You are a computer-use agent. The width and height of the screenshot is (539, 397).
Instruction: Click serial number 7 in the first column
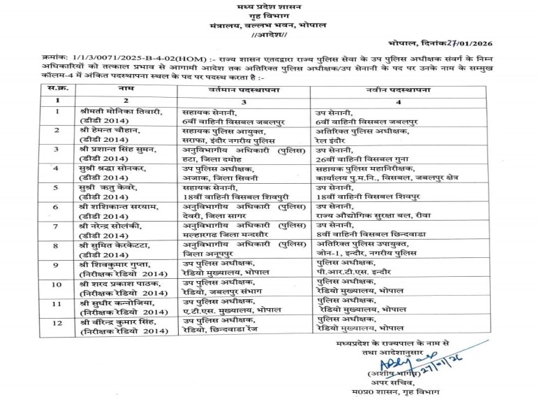point(56,227)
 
